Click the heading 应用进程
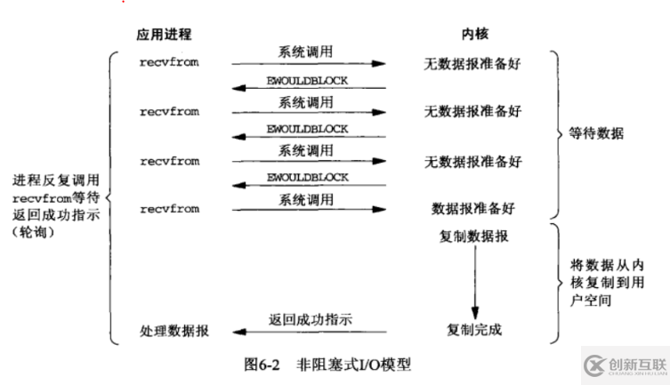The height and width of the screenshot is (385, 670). pos(165,35)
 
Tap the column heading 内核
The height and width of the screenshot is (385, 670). pos(472,35)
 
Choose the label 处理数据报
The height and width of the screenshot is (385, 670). pos(175,330)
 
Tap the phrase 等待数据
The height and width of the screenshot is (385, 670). pos(597,134)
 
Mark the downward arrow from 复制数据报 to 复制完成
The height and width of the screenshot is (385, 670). pos(473,283)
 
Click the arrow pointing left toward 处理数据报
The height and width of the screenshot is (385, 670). pos(311,332)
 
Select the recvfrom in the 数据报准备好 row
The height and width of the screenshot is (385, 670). pos(169,208)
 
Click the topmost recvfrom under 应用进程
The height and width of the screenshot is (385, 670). pos(169,63)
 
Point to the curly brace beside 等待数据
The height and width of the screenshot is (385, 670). pos(553,134)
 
